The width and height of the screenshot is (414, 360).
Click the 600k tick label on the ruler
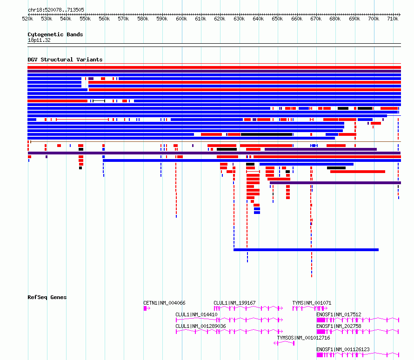181,19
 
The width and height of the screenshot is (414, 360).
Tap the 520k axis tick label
27,19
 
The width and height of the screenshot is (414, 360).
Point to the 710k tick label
393,19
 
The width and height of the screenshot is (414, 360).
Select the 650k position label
277,19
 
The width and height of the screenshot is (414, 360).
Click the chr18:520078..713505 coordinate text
56,10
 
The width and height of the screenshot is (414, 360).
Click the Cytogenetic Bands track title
55,34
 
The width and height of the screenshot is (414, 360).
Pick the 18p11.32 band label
39,40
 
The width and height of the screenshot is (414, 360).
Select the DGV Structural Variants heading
65,60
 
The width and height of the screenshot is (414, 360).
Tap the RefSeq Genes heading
47,297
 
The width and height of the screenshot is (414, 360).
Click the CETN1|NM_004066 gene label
164,303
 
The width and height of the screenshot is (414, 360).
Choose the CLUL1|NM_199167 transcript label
234,303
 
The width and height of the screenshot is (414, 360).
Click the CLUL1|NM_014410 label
196,314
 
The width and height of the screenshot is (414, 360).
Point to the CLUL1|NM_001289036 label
200,326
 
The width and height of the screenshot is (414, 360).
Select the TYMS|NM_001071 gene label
312,303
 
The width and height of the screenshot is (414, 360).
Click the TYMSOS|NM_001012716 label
303,338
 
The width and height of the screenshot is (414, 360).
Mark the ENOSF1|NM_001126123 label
343,349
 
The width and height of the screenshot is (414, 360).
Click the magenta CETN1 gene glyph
147,308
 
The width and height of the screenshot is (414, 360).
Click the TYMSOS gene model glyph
284,343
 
